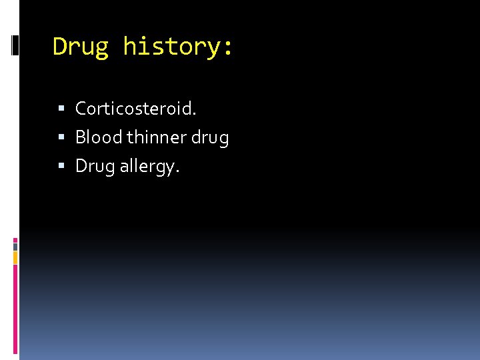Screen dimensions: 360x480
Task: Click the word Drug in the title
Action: (81, 47)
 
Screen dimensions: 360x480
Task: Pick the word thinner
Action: (157, 137)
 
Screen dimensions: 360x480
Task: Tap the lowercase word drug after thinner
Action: (210, 138)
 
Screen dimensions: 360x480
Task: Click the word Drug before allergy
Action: (95, 166)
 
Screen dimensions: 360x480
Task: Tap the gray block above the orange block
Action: (15, 246)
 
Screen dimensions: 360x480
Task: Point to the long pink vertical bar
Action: (15, 307)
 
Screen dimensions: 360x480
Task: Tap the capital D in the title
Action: (60, 47)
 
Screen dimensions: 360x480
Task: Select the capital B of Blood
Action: (80, 137)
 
